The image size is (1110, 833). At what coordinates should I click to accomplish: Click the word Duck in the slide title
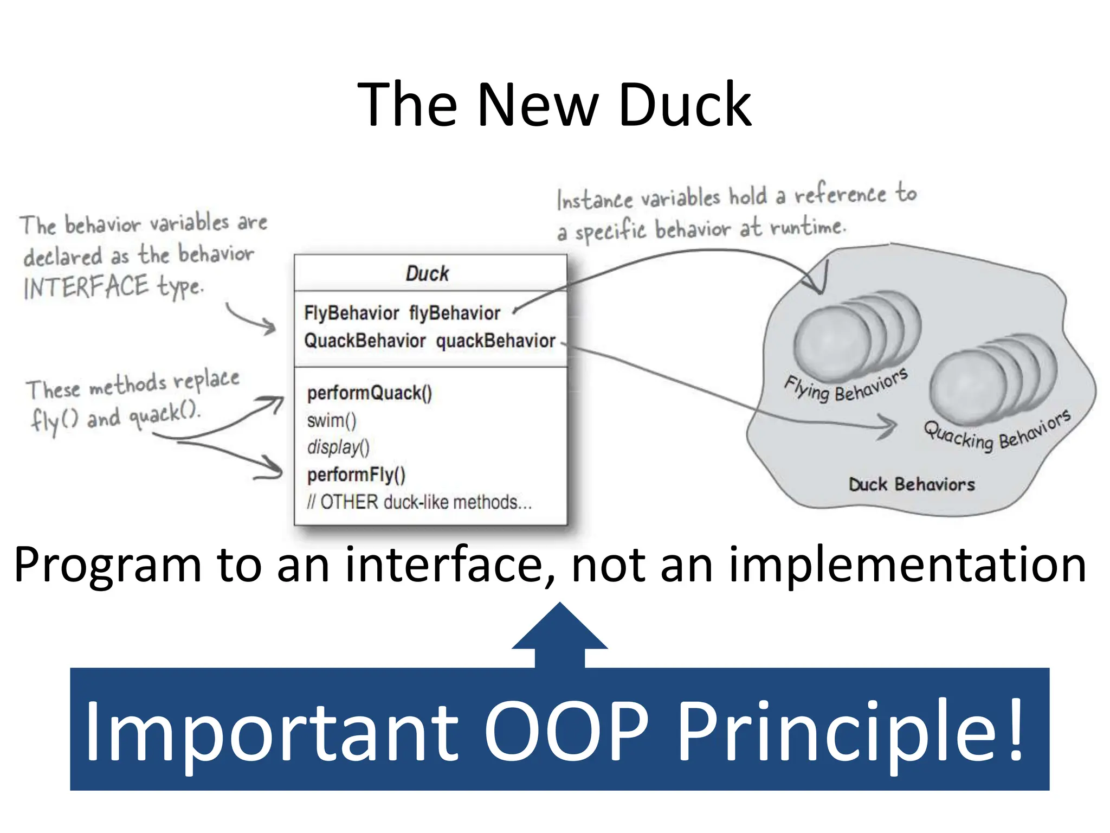[x=684, y=105]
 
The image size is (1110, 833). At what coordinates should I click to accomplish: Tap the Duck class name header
[x=427, y=273]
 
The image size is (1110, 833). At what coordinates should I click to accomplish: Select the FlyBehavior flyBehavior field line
[x=402, y=313]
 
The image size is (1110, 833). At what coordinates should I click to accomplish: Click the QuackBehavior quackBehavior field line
[x=429, y=341]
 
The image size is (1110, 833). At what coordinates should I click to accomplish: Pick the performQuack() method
[x=369, y=393]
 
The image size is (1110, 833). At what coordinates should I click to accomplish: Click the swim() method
[x=331, y=420]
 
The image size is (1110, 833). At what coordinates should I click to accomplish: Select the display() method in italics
[x=338, y=447]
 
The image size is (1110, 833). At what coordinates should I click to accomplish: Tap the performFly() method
[x=356, y=475]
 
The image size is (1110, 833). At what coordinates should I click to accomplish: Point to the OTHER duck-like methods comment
[x=419, y=502]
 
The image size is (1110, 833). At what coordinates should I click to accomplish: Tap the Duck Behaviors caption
[x=911, y=484]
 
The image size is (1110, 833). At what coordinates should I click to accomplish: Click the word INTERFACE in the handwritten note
[x=86, y=287]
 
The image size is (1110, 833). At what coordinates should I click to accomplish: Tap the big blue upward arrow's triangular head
[x=559, y=629]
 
